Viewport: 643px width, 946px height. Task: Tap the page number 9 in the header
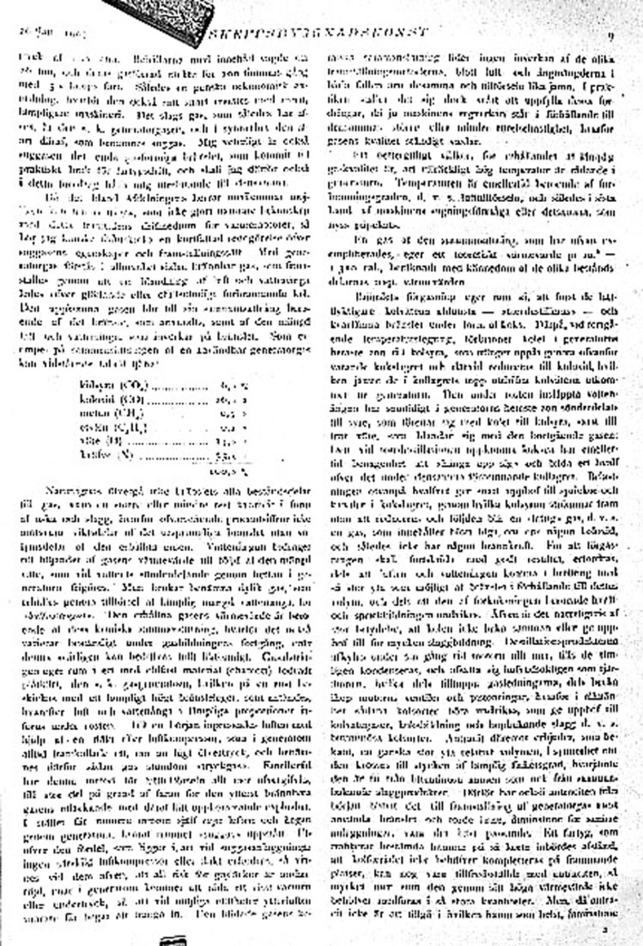pos(611,36)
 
